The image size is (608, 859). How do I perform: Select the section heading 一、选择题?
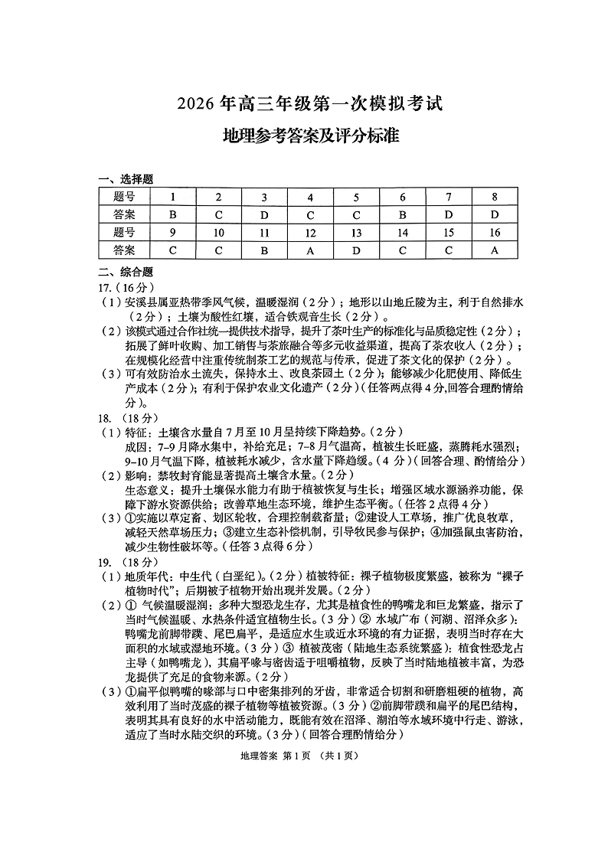[126, 179]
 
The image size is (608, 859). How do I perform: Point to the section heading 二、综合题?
[126, 271]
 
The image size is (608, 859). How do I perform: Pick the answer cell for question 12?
[310, 250]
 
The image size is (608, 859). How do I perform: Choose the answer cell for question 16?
[495, 250]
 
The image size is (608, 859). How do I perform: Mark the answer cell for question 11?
[264, 250]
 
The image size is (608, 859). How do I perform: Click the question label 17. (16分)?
[116, 287]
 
